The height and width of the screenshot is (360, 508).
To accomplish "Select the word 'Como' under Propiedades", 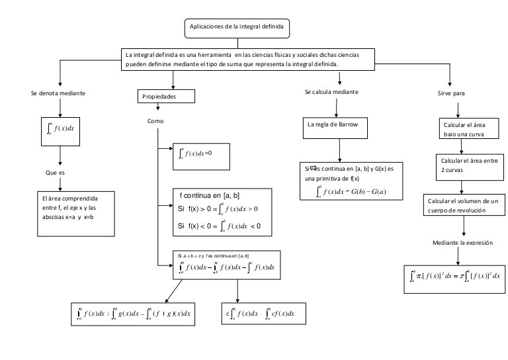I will [x=156, y=121].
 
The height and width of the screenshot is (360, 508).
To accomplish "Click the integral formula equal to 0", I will [x=200, y=154].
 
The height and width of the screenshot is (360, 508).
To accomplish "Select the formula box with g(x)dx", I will [x=133, y=312].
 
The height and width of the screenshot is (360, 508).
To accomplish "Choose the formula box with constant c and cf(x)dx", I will [x=263, y=312].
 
